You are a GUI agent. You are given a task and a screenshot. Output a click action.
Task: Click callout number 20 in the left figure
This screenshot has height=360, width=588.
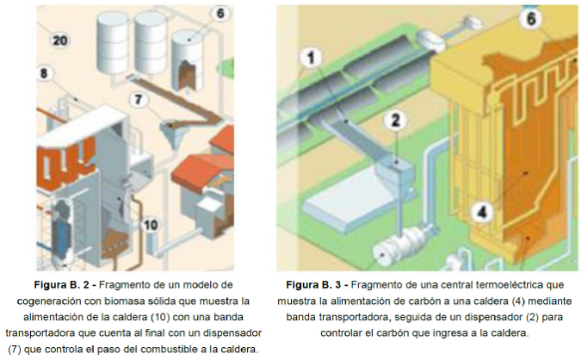(x=60, y=40)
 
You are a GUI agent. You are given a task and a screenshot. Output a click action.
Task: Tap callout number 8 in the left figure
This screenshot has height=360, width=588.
(x=44, y=73)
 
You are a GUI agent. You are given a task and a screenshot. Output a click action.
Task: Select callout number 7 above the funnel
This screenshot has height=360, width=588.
(x=139, y=99)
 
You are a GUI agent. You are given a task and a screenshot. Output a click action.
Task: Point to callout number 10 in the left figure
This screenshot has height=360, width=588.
(x=150, y=224)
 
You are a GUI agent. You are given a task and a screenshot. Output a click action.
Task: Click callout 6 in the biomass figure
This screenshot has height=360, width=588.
(x=220, y=13)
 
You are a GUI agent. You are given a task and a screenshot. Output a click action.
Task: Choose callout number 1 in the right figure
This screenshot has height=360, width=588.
(x=311, y=58)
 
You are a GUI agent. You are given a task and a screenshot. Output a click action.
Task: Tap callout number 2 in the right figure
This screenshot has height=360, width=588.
(x=396, y=120)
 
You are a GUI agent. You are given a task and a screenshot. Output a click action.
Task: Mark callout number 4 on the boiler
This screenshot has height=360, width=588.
(x=481, y=212)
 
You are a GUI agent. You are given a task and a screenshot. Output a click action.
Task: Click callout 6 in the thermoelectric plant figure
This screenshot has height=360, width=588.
(x=531, y=18)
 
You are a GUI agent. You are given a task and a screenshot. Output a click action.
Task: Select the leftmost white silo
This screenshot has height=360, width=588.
(x=113, y=44)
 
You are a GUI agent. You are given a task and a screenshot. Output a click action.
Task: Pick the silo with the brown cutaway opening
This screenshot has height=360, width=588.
(x=186, y=60)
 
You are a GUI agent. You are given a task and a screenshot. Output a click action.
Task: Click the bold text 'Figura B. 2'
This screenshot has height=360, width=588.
(x=65, y=285)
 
